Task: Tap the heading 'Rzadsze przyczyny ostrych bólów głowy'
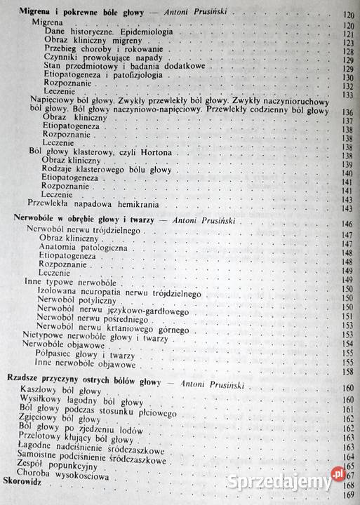[83, 382]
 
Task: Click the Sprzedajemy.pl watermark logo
[307, 477]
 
